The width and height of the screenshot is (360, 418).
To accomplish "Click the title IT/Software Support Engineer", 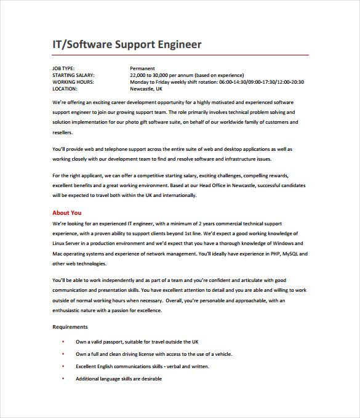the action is (127, 45).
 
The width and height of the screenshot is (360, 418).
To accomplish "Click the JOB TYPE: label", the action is (63, 68).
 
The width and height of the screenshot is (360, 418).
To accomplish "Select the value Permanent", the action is (142, 68).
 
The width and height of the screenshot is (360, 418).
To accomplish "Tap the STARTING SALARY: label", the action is (73, 75).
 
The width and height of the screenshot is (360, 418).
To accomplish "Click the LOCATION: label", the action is (65, 89).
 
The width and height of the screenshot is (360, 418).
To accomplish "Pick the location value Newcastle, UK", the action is (146, 89).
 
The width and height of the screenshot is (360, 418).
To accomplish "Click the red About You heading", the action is (67, 213).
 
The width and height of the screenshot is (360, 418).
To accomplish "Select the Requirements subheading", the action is (70, 327).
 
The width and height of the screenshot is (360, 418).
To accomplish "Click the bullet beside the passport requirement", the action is (63, 341).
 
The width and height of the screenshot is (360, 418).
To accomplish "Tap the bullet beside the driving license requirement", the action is (63, 354).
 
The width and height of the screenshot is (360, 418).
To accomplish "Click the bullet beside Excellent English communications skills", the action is (63, 366).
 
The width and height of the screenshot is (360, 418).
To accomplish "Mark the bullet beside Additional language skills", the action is (63, 379).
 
